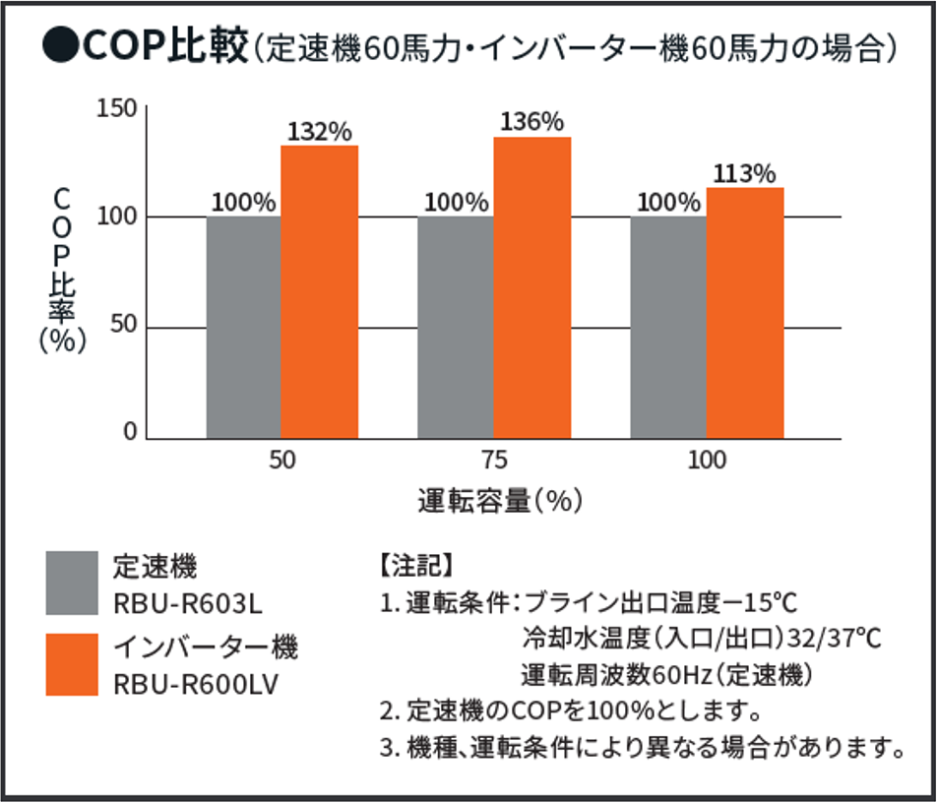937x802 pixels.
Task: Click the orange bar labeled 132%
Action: point(319,291)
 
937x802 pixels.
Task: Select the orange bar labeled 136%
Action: point(531,287)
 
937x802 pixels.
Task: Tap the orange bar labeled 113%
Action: point(744,313)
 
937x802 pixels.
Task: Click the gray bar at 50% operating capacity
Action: point(243,327)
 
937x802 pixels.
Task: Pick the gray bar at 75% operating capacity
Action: point(455,327)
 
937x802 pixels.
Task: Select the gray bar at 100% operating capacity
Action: point(667,327)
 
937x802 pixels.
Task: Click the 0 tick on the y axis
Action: point(130,432)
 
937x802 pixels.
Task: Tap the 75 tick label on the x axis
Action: point(494,461)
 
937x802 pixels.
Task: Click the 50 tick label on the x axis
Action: point(282,461)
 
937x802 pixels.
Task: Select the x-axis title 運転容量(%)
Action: point(500,501)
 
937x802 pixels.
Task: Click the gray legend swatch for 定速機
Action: point(72,582)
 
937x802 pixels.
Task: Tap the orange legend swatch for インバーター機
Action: point(72,664)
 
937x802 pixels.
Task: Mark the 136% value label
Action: point(531,122)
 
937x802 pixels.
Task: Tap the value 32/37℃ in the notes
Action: point(837,638)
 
